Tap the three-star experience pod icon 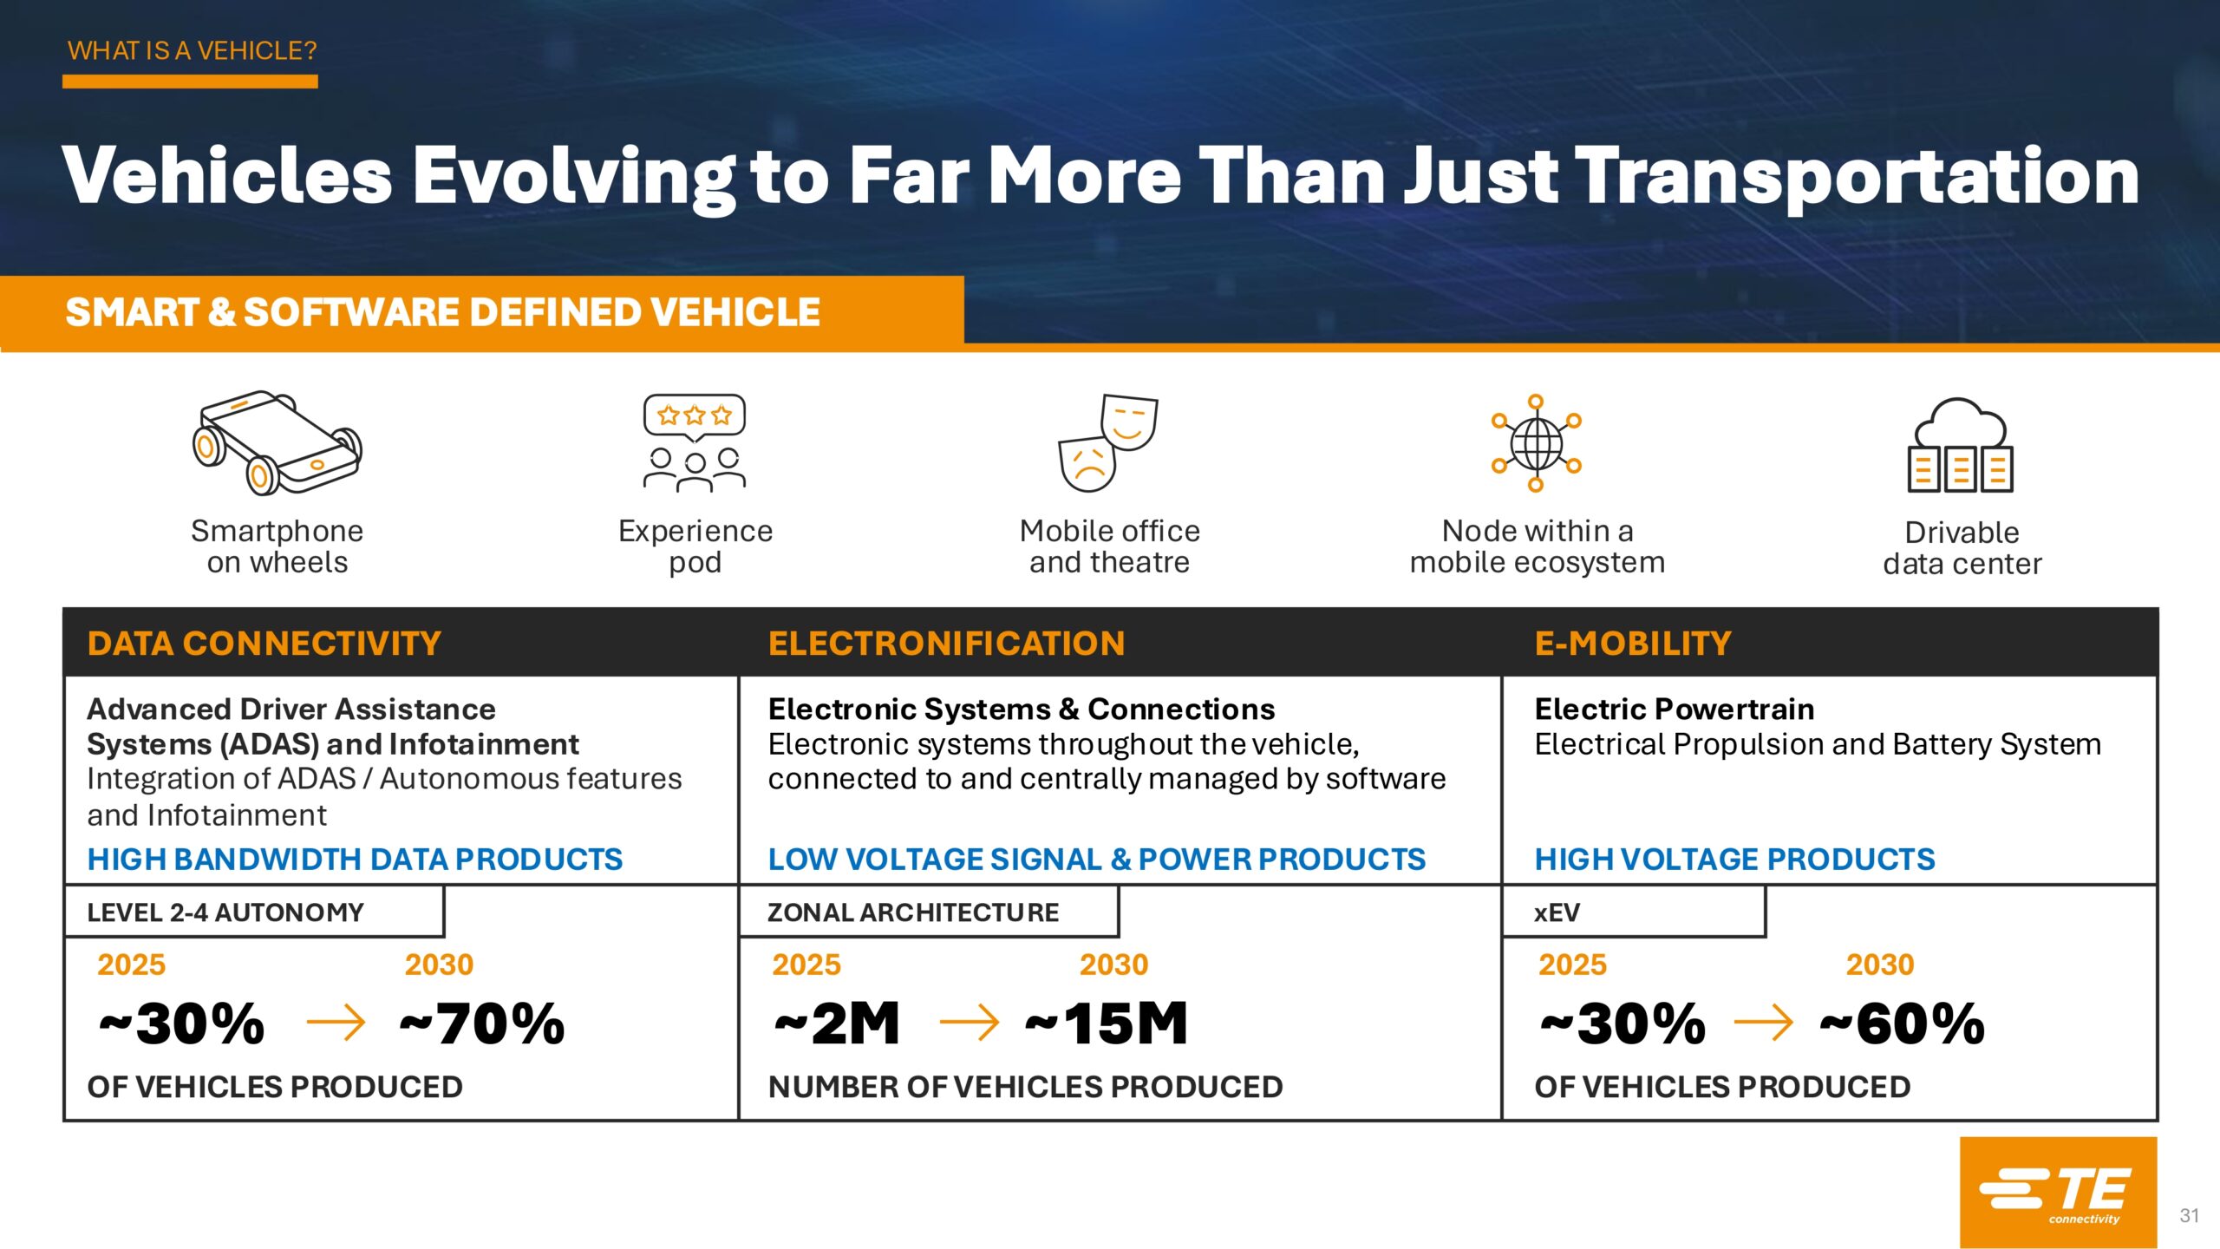[695, 443]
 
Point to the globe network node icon [1536, 443]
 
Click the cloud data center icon [1960, 445]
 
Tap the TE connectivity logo [2057, 1192]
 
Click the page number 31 [2189, 1215]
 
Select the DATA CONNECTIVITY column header [264, 644]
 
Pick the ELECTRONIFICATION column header [946, 644]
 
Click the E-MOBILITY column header [1633, 644]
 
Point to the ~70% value [482, 1023]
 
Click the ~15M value [1107, 1023]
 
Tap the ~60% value [1902, 1023]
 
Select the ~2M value [837, 1023]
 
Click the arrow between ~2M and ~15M [969, 1023]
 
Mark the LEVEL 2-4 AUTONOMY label [225, 912]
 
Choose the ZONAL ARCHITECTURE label [913, 912]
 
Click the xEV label [1557, 912]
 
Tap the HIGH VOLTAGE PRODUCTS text [1734, 859]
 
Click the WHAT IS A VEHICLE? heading [193, 50]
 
